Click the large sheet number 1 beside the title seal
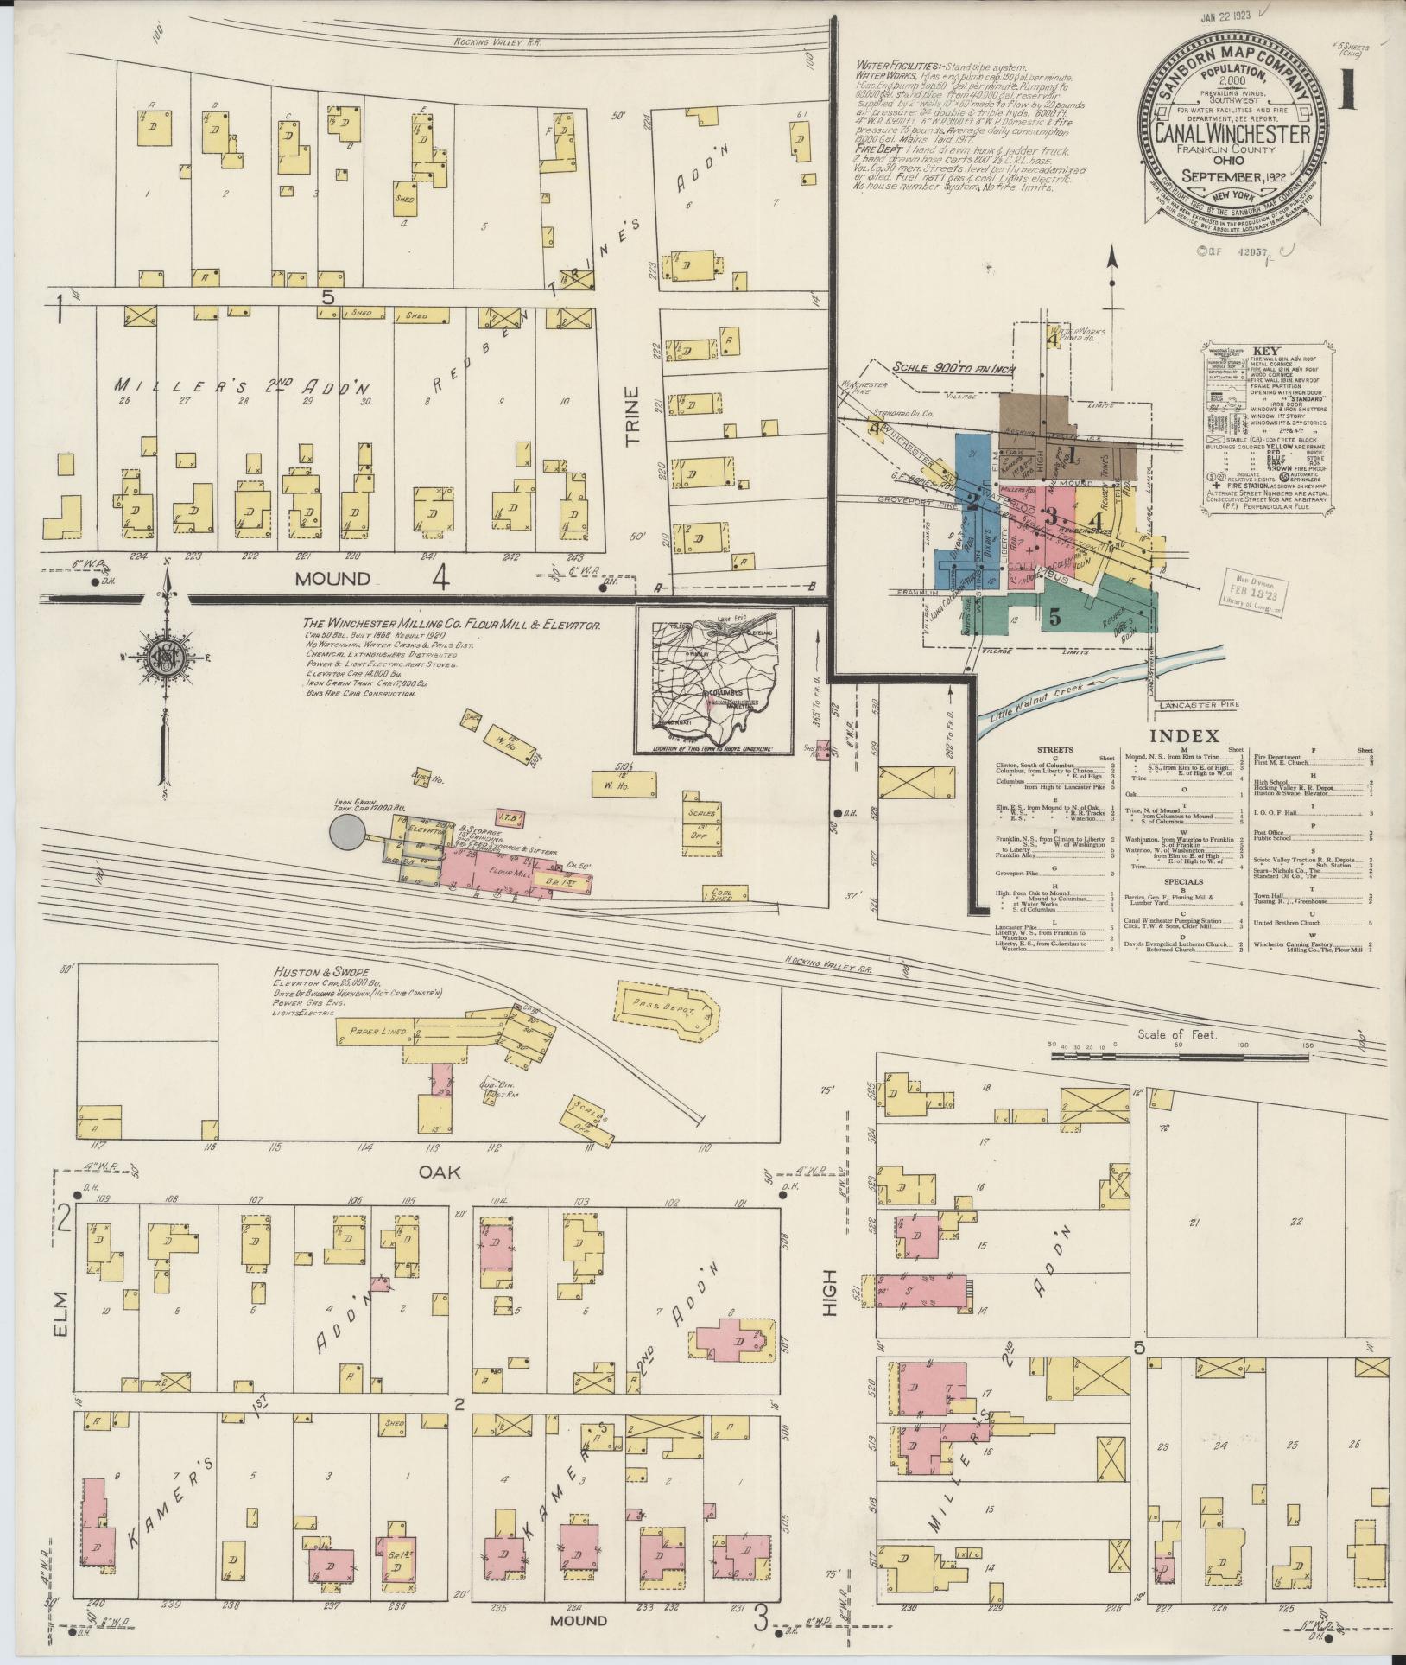(x=1347, y=89)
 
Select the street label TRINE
(x=633, y=416)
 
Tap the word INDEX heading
(x=1183, y=736)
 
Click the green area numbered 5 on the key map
(x=1054, y=617)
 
